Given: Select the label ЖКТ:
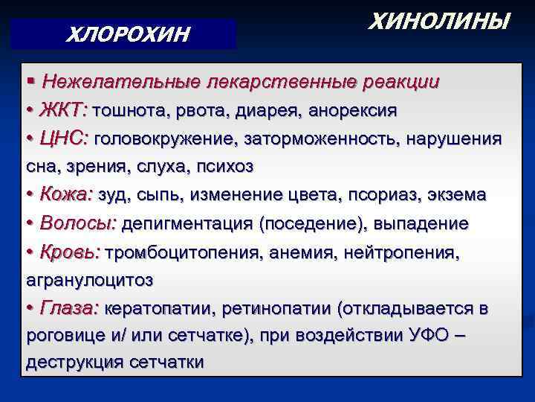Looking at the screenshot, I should tap(65, 110).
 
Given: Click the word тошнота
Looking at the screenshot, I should tap(132, 110).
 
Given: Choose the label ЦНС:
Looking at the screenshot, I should tap(66, 138).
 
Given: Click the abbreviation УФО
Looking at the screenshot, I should tap(427, 335).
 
